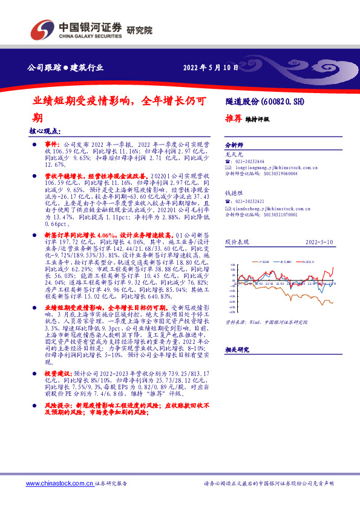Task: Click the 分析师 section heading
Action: click(x=234, y=146)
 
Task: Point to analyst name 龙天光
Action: click(x=234, y=155)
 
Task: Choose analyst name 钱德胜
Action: click(x=234, y=192)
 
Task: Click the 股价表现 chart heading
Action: click(x=236, y=241)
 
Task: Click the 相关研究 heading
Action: click(x=237, y=350)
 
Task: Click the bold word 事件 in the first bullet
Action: click(x=53, y=145)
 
